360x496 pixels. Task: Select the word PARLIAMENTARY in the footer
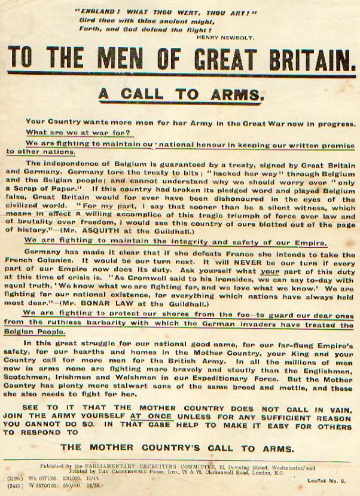(x=136, y=464)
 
